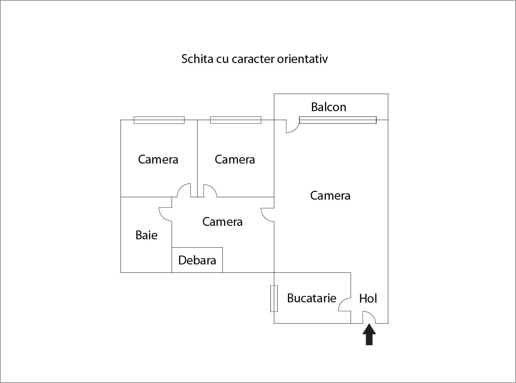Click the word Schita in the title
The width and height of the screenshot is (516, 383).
197,59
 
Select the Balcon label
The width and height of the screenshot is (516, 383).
328,107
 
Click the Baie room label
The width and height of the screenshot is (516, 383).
146,235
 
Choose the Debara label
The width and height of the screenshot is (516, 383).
197,260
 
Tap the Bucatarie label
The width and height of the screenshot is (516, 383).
311,298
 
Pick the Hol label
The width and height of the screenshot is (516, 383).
368,298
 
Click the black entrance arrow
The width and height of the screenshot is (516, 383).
369,334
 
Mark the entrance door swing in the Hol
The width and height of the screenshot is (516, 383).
369,317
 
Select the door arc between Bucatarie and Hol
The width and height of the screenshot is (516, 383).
344,304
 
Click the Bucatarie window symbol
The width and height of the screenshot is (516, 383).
274,298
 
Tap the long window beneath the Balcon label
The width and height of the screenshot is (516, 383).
338,120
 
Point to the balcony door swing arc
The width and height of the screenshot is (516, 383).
293,126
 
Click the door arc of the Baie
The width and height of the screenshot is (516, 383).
165,214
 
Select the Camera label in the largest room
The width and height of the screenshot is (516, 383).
330,196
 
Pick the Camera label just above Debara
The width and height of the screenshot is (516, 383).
222,222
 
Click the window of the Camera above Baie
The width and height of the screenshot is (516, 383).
159,120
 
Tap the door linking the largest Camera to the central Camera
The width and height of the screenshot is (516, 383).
268,215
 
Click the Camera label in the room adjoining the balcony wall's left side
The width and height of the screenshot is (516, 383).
235,159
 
